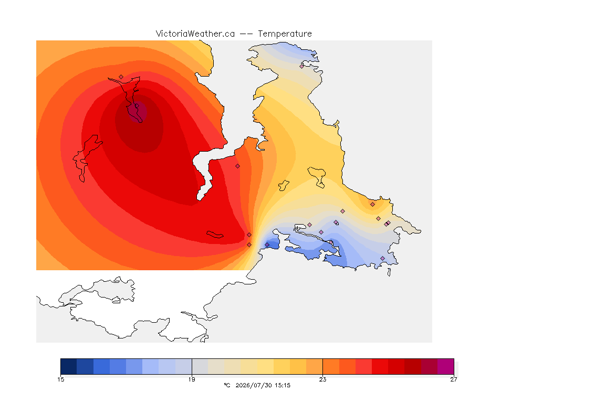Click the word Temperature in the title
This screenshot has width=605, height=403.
tap(285, 34)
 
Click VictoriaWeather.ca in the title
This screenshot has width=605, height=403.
tap(195, 34)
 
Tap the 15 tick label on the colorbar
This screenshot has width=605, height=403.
tap(60, 379)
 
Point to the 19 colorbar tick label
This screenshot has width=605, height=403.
tap(192, 379)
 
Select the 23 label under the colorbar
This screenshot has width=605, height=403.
tap(322, 379)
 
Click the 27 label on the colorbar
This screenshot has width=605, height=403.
tap(454, 379)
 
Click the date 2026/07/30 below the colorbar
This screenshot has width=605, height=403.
tap(254, 385)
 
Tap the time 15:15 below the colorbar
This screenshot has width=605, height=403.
tap(283, 385)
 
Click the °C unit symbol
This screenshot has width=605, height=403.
tap(227, 385)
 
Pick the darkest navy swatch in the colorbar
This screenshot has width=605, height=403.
tap(69, 366)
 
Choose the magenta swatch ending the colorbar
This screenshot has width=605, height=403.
tap(446, 366)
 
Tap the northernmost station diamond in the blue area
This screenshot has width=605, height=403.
tap(302, 66)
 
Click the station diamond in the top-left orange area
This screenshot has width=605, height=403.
tap(121, 77)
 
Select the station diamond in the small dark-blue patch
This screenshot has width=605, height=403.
tap(267, 245)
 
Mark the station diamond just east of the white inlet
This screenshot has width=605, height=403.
tap(238, 166)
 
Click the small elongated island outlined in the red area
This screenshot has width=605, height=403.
tap(215, 235)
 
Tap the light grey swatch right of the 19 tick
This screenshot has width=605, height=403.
tap(200, 366)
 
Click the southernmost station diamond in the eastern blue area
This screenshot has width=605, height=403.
tap(382, 258)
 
